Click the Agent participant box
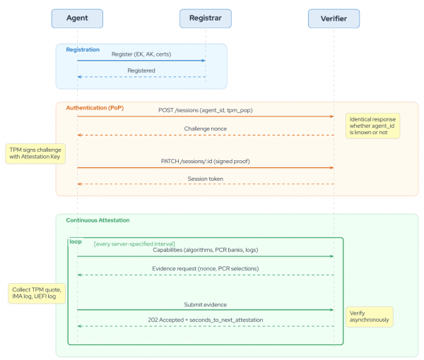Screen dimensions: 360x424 point(77,18)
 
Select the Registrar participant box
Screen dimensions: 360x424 point(205,18)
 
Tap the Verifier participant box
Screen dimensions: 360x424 point(334,18)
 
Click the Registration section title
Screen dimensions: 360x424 point(83,50)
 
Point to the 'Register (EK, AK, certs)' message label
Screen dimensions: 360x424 point(141,54)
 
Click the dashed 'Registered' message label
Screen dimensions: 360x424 point(141,71)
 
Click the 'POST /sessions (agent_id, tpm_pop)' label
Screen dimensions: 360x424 point(205,111)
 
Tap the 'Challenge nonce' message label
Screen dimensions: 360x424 point(206,129)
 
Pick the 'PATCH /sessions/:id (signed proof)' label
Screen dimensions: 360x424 point(205,162)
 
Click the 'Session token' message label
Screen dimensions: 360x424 point(206,179)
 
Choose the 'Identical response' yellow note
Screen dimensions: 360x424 point(372,125)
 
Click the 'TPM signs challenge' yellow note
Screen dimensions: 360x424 point(35,154)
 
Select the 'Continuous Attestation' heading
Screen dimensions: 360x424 point(98,220)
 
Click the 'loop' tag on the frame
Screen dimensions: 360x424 point(76,242)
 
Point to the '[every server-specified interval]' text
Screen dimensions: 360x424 point(134,244)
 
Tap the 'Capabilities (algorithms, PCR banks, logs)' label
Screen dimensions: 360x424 point(205,251)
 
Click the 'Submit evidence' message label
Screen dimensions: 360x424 point(205,304)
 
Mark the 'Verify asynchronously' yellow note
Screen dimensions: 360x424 point(368,316)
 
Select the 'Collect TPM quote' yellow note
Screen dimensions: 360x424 point(37,294)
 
